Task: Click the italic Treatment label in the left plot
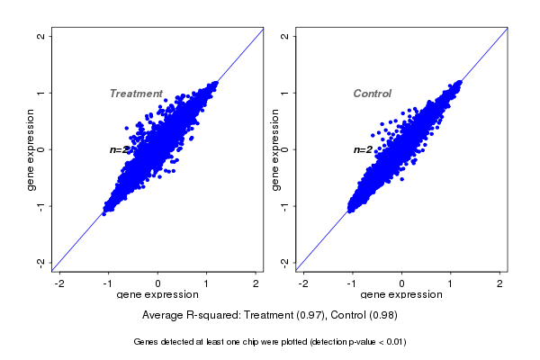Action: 136,94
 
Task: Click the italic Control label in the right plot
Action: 372,94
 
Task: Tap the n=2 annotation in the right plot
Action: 363,149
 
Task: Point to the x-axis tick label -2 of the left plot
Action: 59,283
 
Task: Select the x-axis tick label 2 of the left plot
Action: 256,283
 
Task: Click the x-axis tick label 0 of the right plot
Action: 402,283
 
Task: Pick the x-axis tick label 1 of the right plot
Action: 451,283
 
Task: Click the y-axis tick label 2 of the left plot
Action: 41,36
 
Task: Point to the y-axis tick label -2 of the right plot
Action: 285,262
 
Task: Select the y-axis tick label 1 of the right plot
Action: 285,93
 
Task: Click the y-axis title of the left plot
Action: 31,149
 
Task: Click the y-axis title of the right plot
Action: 274,149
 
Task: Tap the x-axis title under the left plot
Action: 158,295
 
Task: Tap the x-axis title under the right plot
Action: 401,295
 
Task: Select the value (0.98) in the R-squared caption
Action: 381,316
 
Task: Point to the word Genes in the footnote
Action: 146,342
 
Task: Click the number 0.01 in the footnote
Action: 392,342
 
